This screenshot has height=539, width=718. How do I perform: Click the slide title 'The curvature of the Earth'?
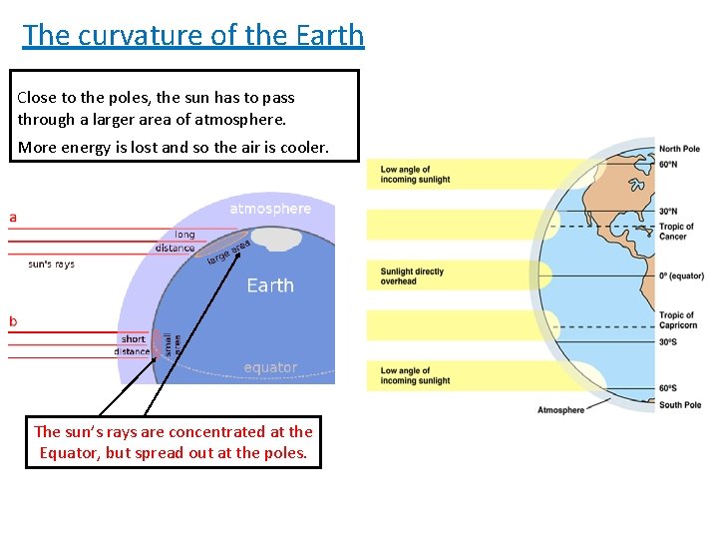click(193, 35)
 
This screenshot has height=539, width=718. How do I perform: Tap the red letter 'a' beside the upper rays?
click(13, 216)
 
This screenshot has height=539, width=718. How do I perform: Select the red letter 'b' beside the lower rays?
click(13, 321)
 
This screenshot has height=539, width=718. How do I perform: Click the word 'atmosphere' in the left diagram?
click(270, 209)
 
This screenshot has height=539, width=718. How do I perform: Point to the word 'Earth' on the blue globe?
click(270, 285)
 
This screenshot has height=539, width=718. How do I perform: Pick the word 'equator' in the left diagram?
click(270, 367)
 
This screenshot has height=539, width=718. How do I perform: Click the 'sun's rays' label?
click(51, 264)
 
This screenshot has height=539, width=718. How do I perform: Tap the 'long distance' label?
click(176, 242)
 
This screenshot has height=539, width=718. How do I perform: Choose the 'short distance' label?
click(132, 345)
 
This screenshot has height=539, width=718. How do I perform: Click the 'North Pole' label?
click(679, 150)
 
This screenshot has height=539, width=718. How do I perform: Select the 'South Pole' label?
click(679, 405)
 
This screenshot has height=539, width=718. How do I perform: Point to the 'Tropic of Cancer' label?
click(676, 232)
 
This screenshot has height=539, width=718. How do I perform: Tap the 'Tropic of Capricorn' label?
click(676, 320)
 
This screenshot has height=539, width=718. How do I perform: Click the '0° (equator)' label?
click(681, 275)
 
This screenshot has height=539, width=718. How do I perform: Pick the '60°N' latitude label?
click(668, 164)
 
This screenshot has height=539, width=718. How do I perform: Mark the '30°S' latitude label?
click(668, 342)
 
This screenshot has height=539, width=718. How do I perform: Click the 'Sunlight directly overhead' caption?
click(412, 276)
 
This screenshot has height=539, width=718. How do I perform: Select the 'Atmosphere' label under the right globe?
click(560, 410)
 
